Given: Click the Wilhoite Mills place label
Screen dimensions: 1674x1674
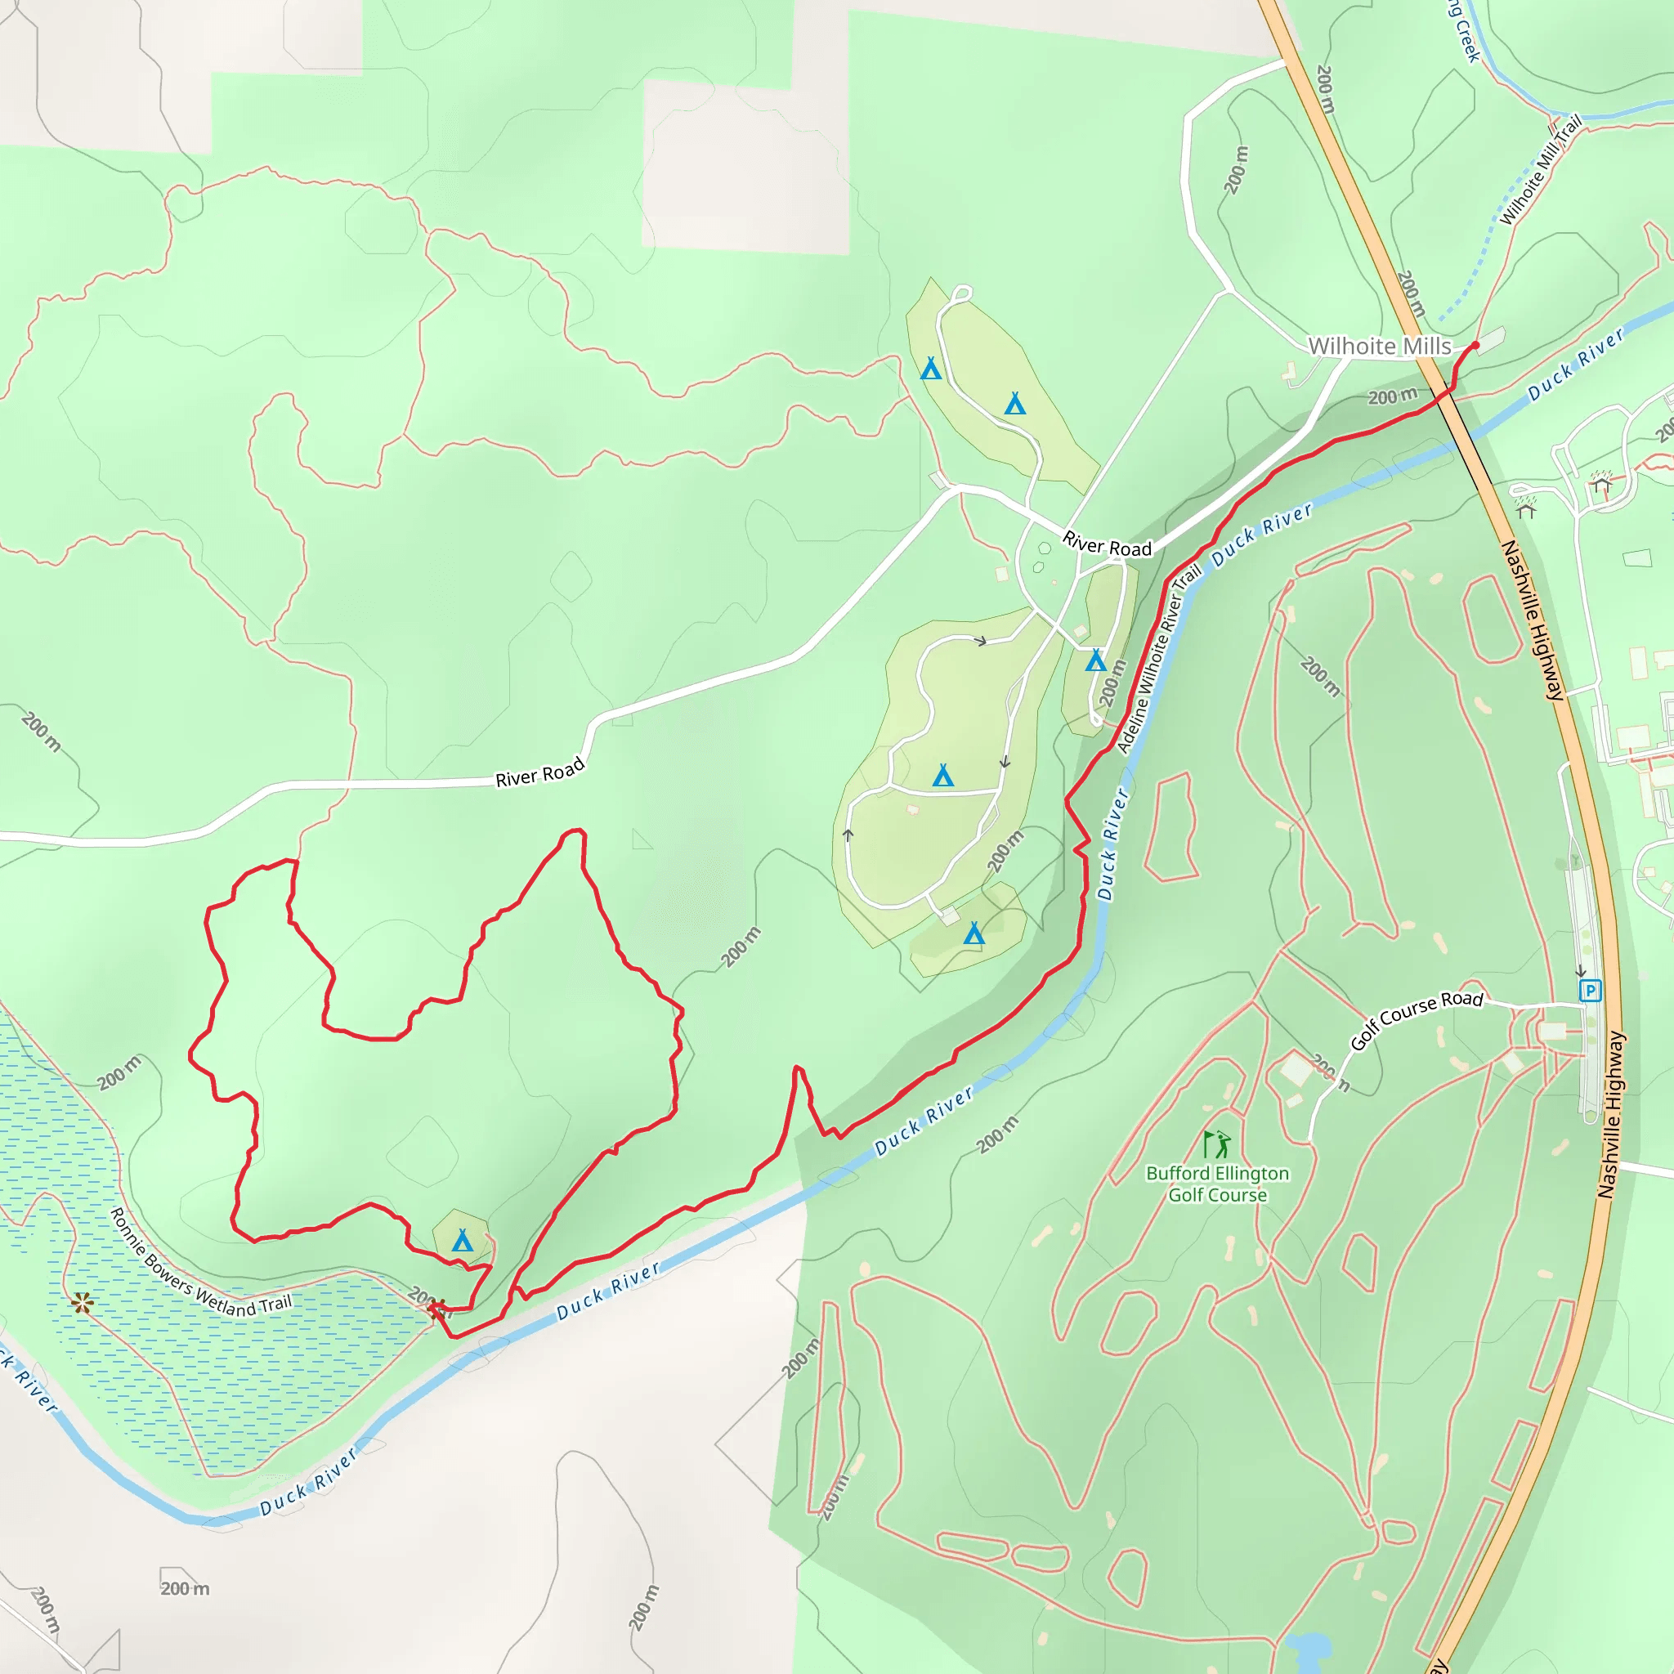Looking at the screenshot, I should pos(1380,347).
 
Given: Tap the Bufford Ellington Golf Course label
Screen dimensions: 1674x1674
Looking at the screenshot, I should pos(1217,1184).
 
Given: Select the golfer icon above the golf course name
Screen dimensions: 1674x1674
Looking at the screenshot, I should pos(1217,1144).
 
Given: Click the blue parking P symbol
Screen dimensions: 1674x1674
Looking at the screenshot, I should pos(1590,991).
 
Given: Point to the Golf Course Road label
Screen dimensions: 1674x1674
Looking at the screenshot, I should pos(1417,1019).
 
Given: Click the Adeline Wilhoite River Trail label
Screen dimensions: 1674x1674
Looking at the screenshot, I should pos(1158,660).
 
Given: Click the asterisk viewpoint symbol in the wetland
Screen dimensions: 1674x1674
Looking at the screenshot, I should pos(83,1302).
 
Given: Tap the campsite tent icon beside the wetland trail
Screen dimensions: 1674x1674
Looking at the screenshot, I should pos(463,1241).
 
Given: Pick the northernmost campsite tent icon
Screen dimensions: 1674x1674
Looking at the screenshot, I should pos(930,369).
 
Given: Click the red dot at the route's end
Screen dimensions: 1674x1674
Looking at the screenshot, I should pos(1475,345).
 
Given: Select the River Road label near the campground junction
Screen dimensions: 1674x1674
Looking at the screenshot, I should pos(1107,545).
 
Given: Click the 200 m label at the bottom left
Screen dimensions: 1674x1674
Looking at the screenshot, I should pos(185,1588).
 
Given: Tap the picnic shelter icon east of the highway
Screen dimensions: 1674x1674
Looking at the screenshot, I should pos(1600,485).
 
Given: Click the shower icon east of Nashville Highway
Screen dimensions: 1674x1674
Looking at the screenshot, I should pos(1526,505).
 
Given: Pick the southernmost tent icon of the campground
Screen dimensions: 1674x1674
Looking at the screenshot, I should pos(974,933).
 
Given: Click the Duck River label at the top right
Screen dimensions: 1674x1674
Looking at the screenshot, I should pos(1575,365).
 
